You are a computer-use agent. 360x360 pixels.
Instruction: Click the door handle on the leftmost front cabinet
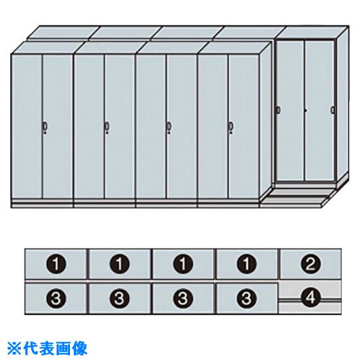pos(45,126)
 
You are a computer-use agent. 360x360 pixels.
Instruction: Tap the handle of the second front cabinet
pos(107,126)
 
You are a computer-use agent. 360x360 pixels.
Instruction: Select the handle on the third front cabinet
pos(169,126)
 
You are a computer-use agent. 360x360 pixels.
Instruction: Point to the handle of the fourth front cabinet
pos(231,126)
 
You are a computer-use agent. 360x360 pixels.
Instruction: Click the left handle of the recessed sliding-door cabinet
pos(278,110)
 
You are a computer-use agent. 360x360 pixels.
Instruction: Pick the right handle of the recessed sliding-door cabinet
pos(332,110)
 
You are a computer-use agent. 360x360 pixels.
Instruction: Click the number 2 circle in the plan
pos(310,264)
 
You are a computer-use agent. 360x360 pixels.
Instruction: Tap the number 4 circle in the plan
pos(310,298)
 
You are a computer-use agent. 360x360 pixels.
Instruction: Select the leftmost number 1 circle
pos(56,264)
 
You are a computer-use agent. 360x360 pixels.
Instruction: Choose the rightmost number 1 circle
pos(246,264)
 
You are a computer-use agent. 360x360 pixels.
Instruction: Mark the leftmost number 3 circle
pos(56,298)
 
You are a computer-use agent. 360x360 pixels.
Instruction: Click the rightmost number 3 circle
pos(246,298)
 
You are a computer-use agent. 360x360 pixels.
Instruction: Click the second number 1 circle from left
pos(120,264)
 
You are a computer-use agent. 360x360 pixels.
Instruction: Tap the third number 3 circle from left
pos(183,298)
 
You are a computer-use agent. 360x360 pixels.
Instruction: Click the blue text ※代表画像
pos(48,348)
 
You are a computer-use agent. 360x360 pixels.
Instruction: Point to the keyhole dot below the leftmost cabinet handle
pos(45,132)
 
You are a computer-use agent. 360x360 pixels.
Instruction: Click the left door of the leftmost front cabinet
pos(27,126)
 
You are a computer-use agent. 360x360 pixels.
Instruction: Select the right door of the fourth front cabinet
pos(244,126)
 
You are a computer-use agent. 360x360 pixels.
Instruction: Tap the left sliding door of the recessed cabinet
pos(291,111)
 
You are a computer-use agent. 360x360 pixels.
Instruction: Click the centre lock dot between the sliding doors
pos(306,111)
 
